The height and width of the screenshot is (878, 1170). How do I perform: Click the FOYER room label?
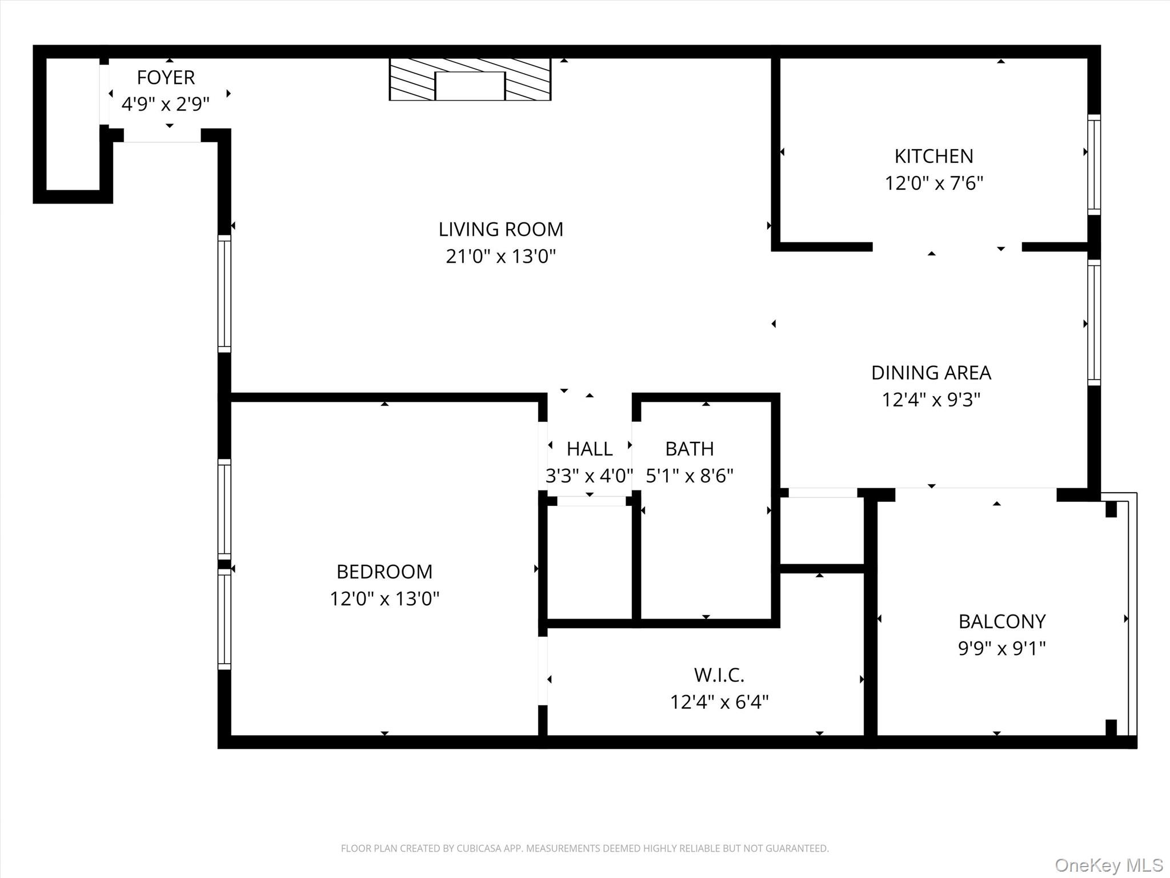[166, 77]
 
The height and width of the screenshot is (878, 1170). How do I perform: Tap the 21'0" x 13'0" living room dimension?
[500, 256]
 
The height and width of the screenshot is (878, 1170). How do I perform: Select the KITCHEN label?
[933, 156]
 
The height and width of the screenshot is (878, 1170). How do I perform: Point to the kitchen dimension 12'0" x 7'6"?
[933, 183]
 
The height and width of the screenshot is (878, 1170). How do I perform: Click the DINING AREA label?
[931, 373]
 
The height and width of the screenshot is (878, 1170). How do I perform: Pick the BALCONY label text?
[1002, 621]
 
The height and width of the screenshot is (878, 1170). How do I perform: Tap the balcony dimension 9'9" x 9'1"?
[1001, 648]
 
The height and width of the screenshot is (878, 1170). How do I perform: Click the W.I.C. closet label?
[719, 675]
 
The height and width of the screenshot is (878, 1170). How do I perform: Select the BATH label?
[689, 449]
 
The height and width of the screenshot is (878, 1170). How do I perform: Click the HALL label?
[590, 449]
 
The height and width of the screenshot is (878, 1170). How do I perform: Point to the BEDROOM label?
[384, 572]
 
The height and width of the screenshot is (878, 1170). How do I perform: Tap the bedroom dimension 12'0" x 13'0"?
[384, 598]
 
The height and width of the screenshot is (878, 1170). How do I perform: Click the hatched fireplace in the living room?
[470, 79]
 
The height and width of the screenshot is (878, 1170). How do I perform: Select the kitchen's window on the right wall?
[1093, 165]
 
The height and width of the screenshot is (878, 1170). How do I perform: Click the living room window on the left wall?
[225, 293]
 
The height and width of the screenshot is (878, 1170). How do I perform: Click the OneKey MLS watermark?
[1109, 865]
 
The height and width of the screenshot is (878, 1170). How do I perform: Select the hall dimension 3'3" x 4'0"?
[589, 476]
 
